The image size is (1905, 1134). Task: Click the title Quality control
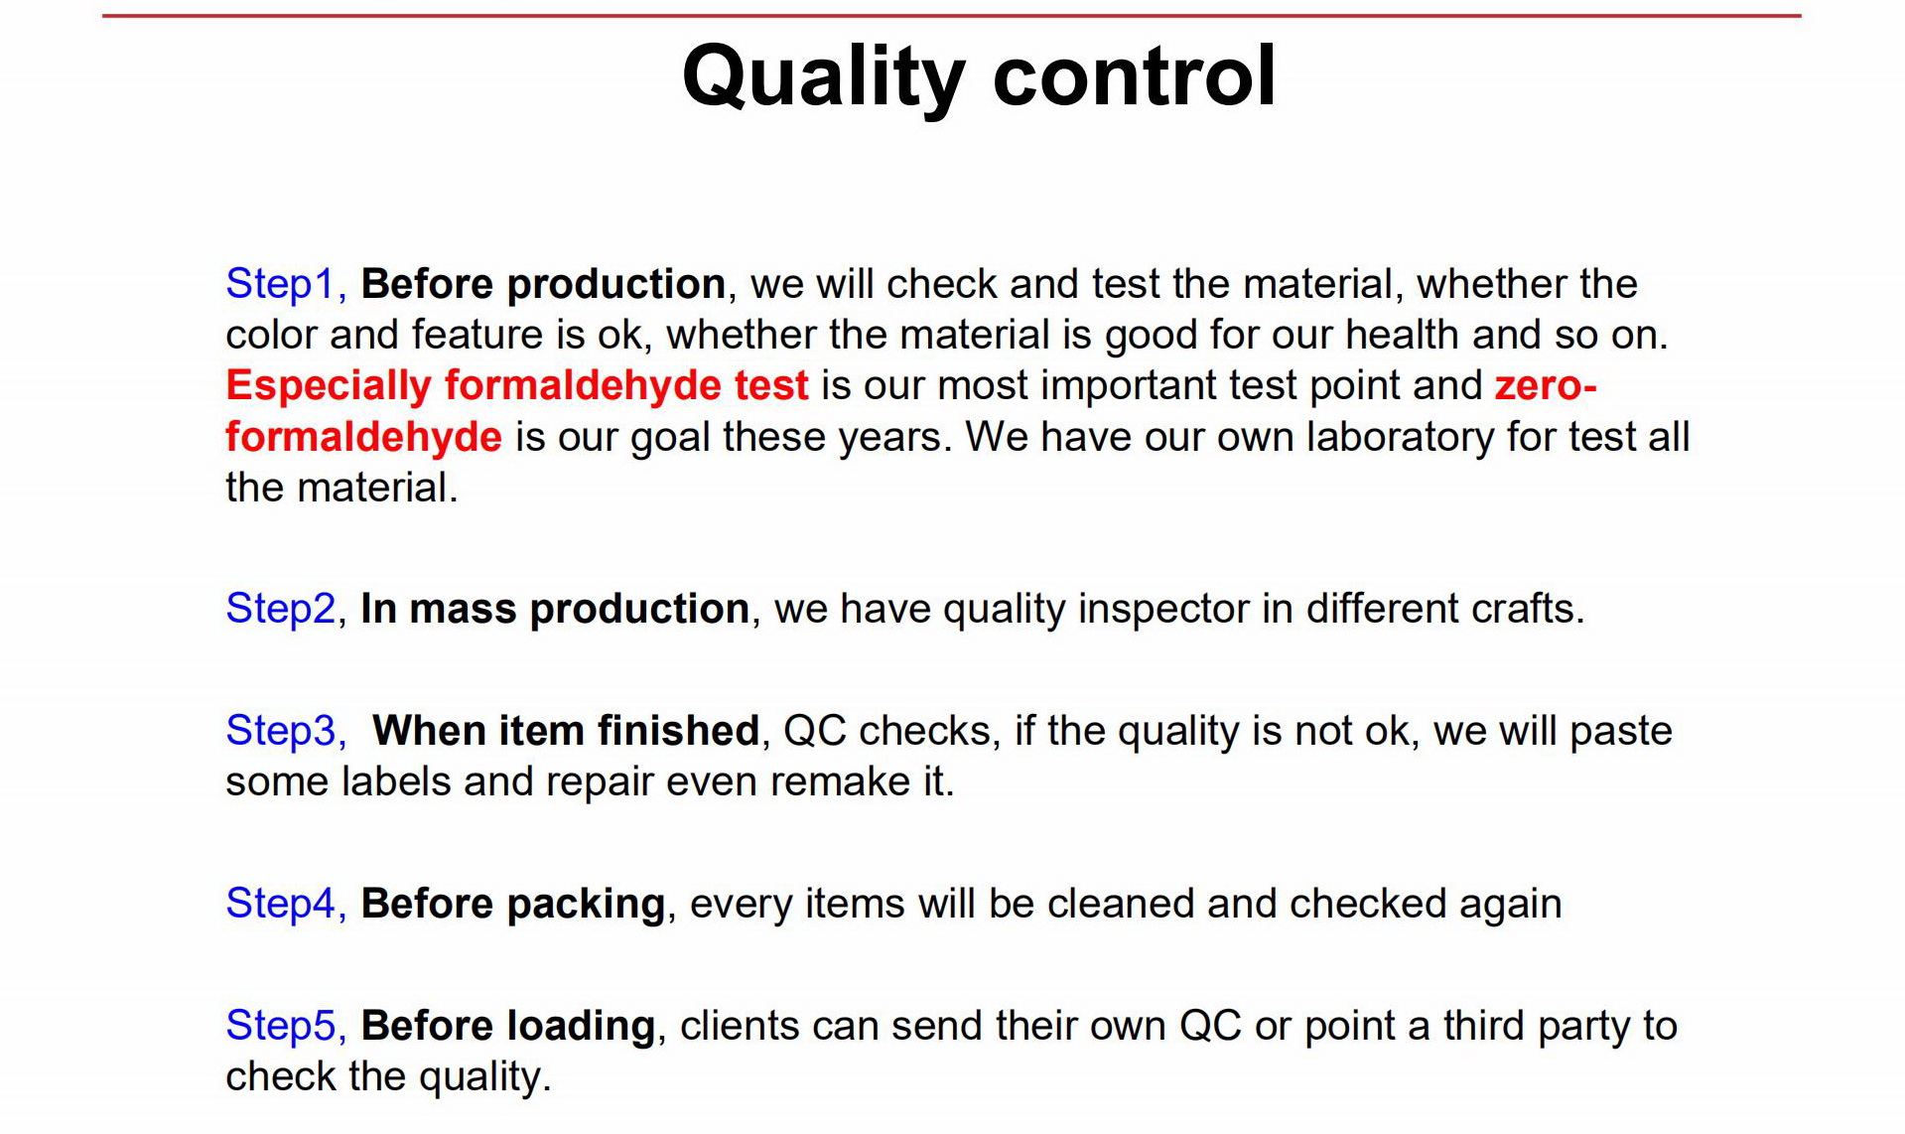pos(979,77)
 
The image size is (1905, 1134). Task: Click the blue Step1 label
pos(280,285)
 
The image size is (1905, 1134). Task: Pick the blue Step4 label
pos(281,905)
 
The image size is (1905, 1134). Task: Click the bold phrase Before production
pos(543,285)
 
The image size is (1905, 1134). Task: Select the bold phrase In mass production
pos(555,609)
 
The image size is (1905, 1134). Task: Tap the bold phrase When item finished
pos(566,731)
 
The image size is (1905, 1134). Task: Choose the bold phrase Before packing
pos(513,905)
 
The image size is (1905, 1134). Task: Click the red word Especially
pos(329,386)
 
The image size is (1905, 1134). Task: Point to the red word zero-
pos(1546,385)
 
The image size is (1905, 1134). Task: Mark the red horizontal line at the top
pos(951,16)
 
